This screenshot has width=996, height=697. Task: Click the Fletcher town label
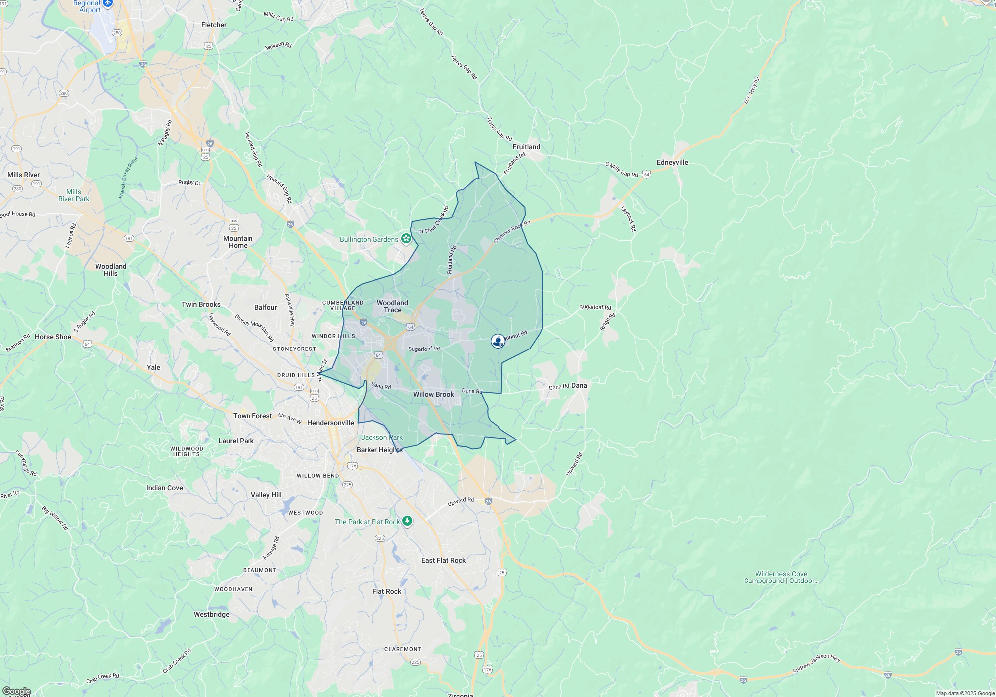214,25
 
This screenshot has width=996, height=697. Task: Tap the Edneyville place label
672,162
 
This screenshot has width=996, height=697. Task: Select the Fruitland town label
526,147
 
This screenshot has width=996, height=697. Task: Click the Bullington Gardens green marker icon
406,239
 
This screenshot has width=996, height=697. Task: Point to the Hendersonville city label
331,423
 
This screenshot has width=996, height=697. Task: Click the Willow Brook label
433,394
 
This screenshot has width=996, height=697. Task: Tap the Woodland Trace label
392,306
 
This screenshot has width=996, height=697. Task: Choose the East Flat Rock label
443,560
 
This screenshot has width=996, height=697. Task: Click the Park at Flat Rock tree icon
407,521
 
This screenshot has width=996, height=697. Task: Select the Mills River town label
24,175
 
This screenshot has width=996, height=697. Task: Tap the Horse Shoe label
53,337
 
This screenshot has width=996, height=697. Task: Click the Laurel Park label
236,441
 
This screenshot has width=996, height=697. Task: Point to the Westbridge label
212,614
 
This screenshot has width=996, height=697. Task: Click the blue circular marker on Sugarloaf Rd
498,341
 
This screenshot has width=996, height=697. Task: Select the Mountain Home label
238,242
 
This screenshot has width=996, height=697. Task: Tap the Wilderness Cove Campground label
781,577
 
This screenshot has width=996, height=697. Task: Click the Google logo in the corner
16,691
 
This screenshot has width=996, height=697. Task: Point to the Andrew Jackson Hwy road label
816,665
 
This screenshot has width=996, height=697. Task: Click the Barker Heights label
379,450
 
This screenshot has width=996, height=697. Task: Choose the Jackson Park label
381,437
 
